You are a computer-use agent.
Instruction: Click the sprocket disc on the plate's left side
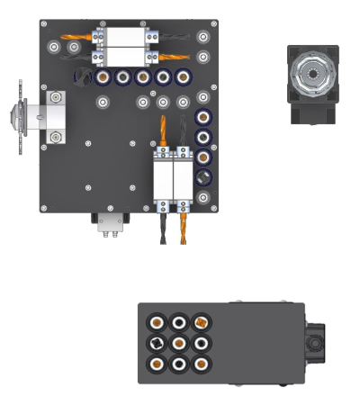21,117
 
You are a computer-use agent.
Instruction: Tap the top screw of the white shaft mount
57,96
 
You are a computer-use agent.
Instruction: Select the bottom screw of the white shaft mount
57,137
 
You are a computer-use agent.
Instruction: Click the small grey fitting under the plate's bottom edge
111,222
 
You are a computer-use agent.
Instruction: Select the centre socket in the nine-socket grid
179,343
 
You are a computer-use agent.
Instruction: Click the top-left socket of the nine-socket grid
157,322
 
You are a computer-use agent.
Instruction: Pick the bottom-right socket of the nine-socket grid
201,364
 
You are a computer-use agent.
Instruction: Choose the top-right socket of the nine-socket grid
201,321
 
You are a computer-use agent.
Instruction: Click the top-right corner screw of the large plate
213,24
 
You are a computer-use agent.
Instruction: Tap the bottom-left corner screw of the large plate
45,208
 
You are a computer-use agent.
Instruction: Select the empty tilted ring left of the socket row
83,76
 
